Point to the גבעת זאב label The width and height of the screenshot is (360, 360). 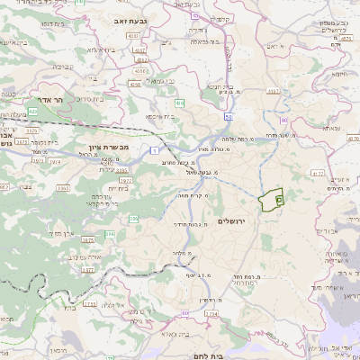(x=132, y=19)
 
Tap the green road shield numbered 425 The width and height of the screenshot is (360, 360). (x=32, y=112)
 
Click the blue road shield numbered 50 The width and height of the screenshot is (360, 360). (x=231, y=116)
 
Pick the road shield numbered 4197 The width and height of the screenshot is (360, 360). (x=139, y=51)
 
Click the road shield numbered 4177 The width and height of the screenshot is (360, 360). (x=317, y=171)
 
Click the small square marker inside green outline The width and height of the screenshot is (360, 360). (x=278, y=199)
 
